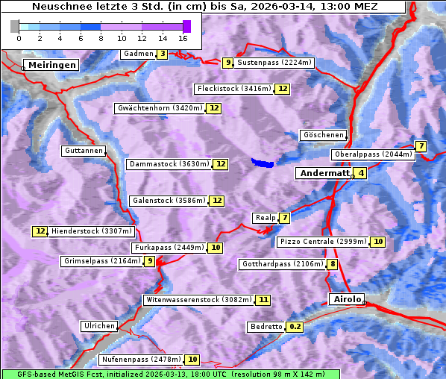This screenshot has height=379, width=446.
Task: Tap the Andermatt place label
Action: [324, 173]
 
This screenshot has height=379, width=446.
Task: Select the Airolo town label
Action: [347, 299]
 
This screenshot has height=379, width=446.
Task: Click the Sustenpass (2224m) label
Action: [274, 63]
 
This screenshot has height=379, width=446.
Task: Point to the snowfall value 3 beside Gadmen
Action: [162, 54]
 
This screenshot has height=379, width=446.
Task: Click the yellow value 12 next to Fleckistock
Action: [283, 90]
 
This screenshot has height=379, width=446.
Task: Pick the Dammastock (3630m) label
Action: [169, 164]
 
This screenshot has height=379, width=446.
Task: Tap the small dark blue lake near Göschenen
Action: [263, 162]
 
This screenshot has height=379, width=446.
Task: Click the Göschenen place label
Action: [324, 135]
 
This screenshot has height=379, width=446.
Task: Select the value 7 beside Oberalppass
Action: [421, 146]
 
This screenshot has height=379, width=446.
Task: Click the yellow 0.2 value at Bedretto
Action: [295, 327]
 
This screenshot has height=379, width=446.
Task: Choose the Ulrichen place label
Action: [99, 326]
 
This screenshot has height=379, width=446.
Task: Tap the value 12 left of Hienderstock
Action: [40, 231]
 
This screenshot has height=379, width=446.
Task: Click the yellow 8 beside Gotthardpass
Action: [332, 264]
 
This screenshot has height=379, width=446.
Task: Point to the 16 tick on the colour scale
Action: [183, 37]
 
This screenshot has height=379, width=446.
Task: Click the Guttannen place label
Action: [83, 151]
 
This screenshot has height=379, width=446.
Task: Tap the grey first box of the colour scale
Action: [15, 26]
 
